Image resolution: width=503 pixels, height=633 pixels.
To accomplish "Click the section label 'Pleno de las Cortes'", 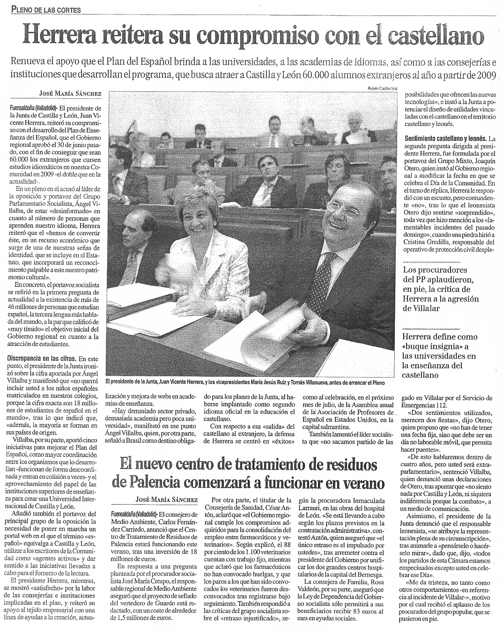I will coord(46,9).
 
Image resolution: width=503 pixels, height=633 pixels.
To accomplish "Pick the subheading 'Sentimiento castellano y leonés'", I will coord(445,139).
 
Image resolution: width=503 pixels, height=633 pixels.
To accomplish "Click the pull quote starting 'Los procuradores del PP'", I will coord(442,289).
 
